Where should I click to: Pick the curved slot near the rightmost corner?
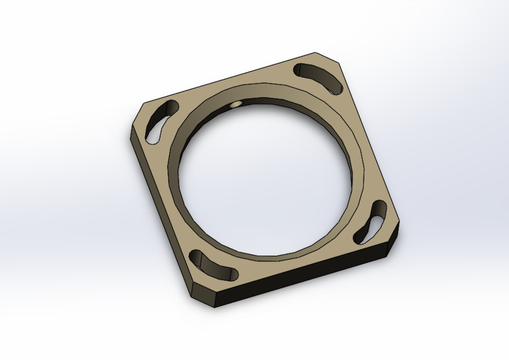(x=373, y=222)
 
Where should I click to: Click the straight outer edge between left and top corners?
(x=225, y=79)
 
